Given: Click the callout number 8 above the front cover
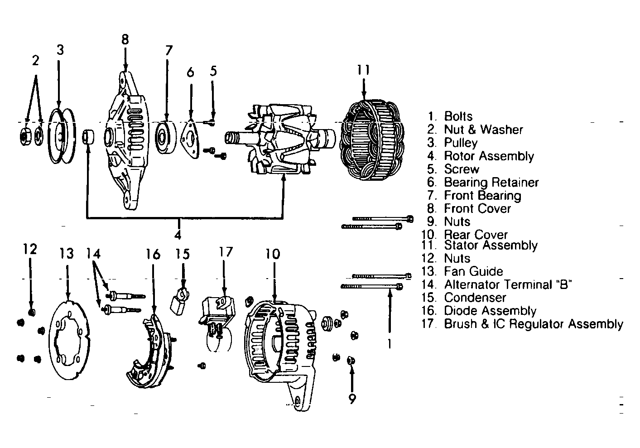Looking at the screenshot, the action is (x=125, y=39).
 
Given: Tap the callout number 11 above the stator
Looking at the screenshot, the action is (x=363, y=70).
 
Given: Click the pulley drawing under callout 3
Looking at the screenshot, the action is (x=62, y=136).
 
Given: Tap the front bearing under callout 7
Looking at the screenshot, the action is (x=166, y=138).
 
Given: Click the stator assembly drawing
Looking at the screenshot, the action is (x=372, y=140).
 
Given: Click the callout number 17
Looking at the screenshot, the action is (x=226, y=252).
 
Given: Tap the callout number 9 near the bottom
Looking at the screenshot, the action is (x=352, y=399).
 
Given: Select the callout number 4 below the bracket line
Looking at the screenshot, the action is (x=178, y=235).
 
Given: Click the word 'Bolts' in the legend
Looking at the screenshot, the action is (x=458, y=116).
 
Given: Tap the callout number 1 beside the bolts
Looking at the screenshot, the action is (x=390, y=344).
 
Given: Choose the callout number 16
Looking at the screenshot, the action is (x=153, y=254).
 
